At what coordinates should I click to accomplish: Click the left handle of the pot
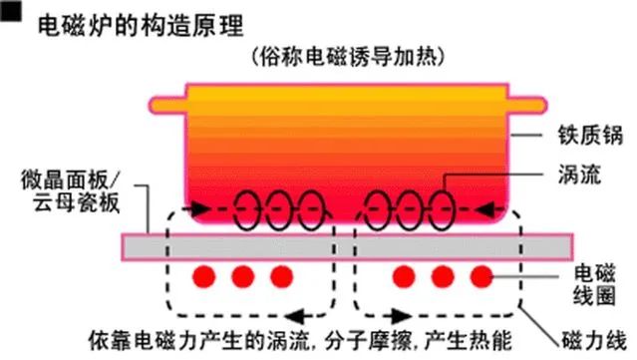coord(164,103)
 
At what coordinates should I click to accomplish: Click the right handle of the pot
coord(529,103)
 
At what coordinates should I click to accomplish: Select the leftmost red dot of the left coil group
coord(204,274)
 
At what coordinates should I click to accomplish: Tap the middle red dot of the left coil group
coord(243,274)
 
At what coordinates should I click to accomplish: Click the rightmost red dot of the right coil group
coord(480,274)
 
